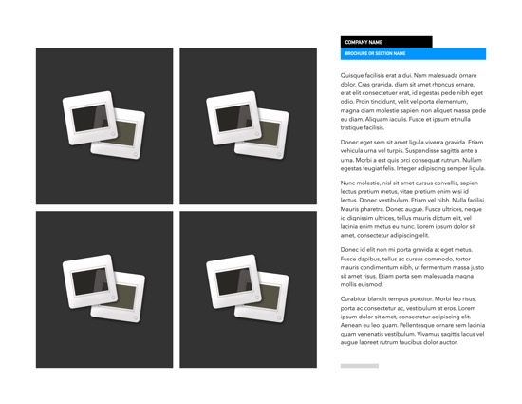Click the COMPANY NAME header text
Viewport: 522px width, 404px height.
pos(364,42)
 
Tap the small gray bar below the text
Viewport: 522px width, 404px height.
pos(359,365)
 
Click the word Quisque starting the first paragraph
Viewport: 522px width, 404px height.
pos(352,75)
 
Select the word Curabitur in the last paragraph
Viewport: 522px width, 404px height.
pos(355,298)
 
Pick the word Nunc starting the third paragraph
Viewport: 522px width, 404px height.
pos(348,183)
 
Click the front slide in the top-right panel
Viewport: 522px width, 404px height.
pos(233,118)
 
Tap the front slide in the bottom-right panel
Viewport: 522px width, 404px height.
pos(233,281)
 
